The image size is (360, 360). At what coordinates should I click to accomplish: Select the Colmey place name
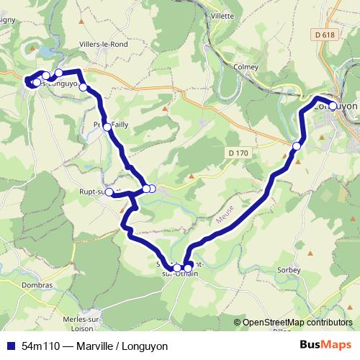pyautogui.click(x=246, y=67)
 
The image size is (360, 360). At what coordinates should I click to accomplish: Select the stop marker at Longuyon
pyautogui.click(x=333, y=107)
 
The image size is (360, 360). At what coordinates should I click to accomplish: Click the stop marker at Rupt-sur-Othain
pyautogui.click(x=109, y=192)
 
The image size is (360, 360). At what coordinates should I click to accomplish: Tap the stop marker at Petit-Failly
pyautogui.click(x=107, y=127)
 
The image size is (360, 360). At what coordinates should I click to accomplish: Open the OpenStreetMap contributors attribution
pyautogui.click(x=297, y=323)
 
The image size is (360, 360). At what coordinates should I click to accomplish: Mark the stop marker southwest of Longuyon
pyautogui.click(x=297, y=147)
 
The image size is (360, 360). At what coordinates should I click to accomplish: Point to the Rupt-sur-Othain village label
pyautogui.click(x=94, y=192)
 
